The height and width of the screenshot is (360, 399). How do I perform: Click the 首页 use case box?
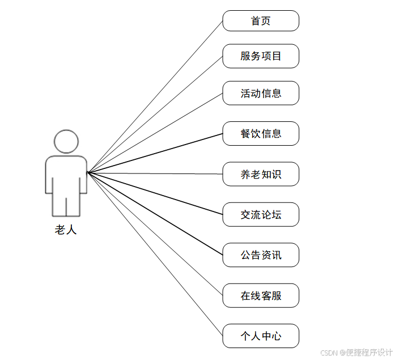(261, 21)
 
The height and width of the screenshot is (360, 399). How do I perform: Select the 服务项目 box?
(261, 56)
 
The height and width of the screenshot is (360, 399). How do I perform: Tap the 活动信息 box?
(261, 93)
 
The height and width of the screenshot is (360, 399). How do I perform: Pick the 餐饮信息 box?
(261, 134)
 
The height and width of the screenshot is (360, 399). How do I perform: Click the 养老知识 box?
(261, 174)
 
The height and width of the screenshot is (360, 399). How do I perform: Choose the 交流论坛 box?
(261, 214)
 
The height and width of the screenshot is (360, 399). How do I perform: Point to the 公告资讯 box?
(261, 255)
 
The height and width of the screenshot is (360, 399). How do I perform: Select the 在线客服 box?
(261, 295)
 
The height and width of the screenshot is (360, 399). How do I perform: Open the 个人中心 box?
(261, 336)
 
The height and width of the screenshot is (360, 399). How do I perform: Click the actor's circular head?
(66, 142)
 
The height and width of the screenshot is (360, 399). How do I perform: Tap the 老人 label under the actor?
(66, 230)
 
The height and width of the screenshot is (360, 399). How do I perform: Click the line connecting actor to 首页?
(155, 96)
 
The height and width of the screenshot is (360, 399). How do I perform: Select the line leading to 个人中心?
(155, 254)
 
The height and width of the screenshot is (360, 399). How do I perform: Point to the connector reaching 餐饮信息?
(155, 153)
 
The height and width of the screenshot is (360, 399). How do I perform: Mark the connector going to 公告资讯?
(155, 214)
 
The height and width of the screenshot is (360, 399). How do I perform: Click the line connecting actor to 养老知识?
(155, 173)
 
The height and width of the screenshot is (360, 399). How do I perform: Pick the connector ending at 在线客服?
(155, 234)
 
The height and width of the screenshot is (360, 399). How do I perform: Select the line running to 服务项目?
(155, 114)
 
